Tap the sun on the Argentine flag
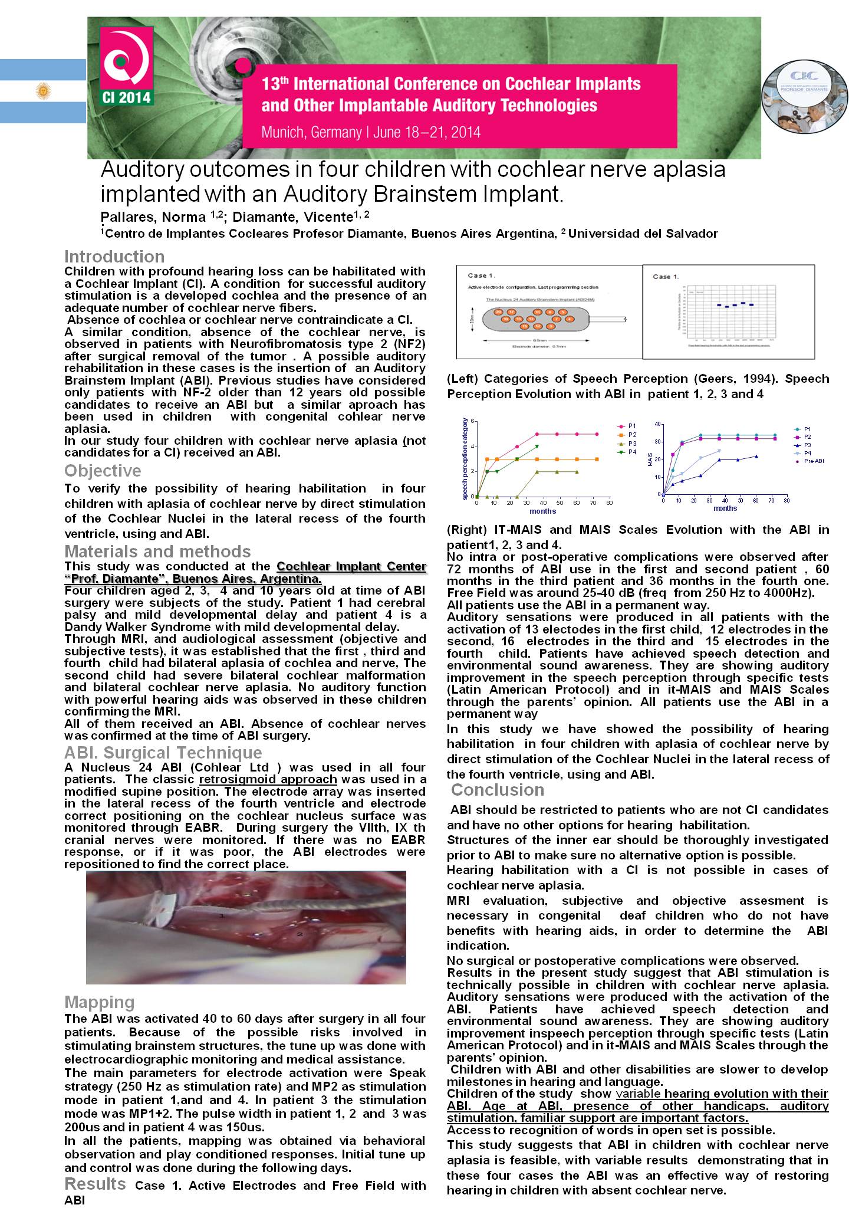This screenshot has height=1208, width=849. pos(42,91)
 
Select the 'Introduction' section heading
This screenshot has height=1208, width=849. pos(114,257)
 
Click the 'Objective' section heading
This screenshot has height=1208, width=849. pos(103,471)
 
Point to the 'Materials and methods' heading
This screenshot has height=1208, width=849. pos(157,552)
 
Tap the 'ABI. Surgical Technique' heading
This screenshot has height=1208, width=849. pos(163,753)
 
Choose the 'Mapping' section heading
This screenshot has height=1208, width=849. pos(99,1002)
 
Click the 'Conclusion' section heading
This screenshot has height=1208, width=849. pos(498,790)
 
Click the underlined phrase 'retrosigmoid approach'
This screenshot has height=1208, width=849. pos(268,779)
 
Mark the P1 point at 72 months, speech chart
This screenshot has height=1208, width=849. pos(597,434)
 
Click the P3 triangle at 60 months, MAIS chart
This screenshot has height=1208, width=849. pos(756,456)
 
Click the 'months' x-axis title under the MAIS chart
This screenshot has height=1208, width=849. pos(725,508)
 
